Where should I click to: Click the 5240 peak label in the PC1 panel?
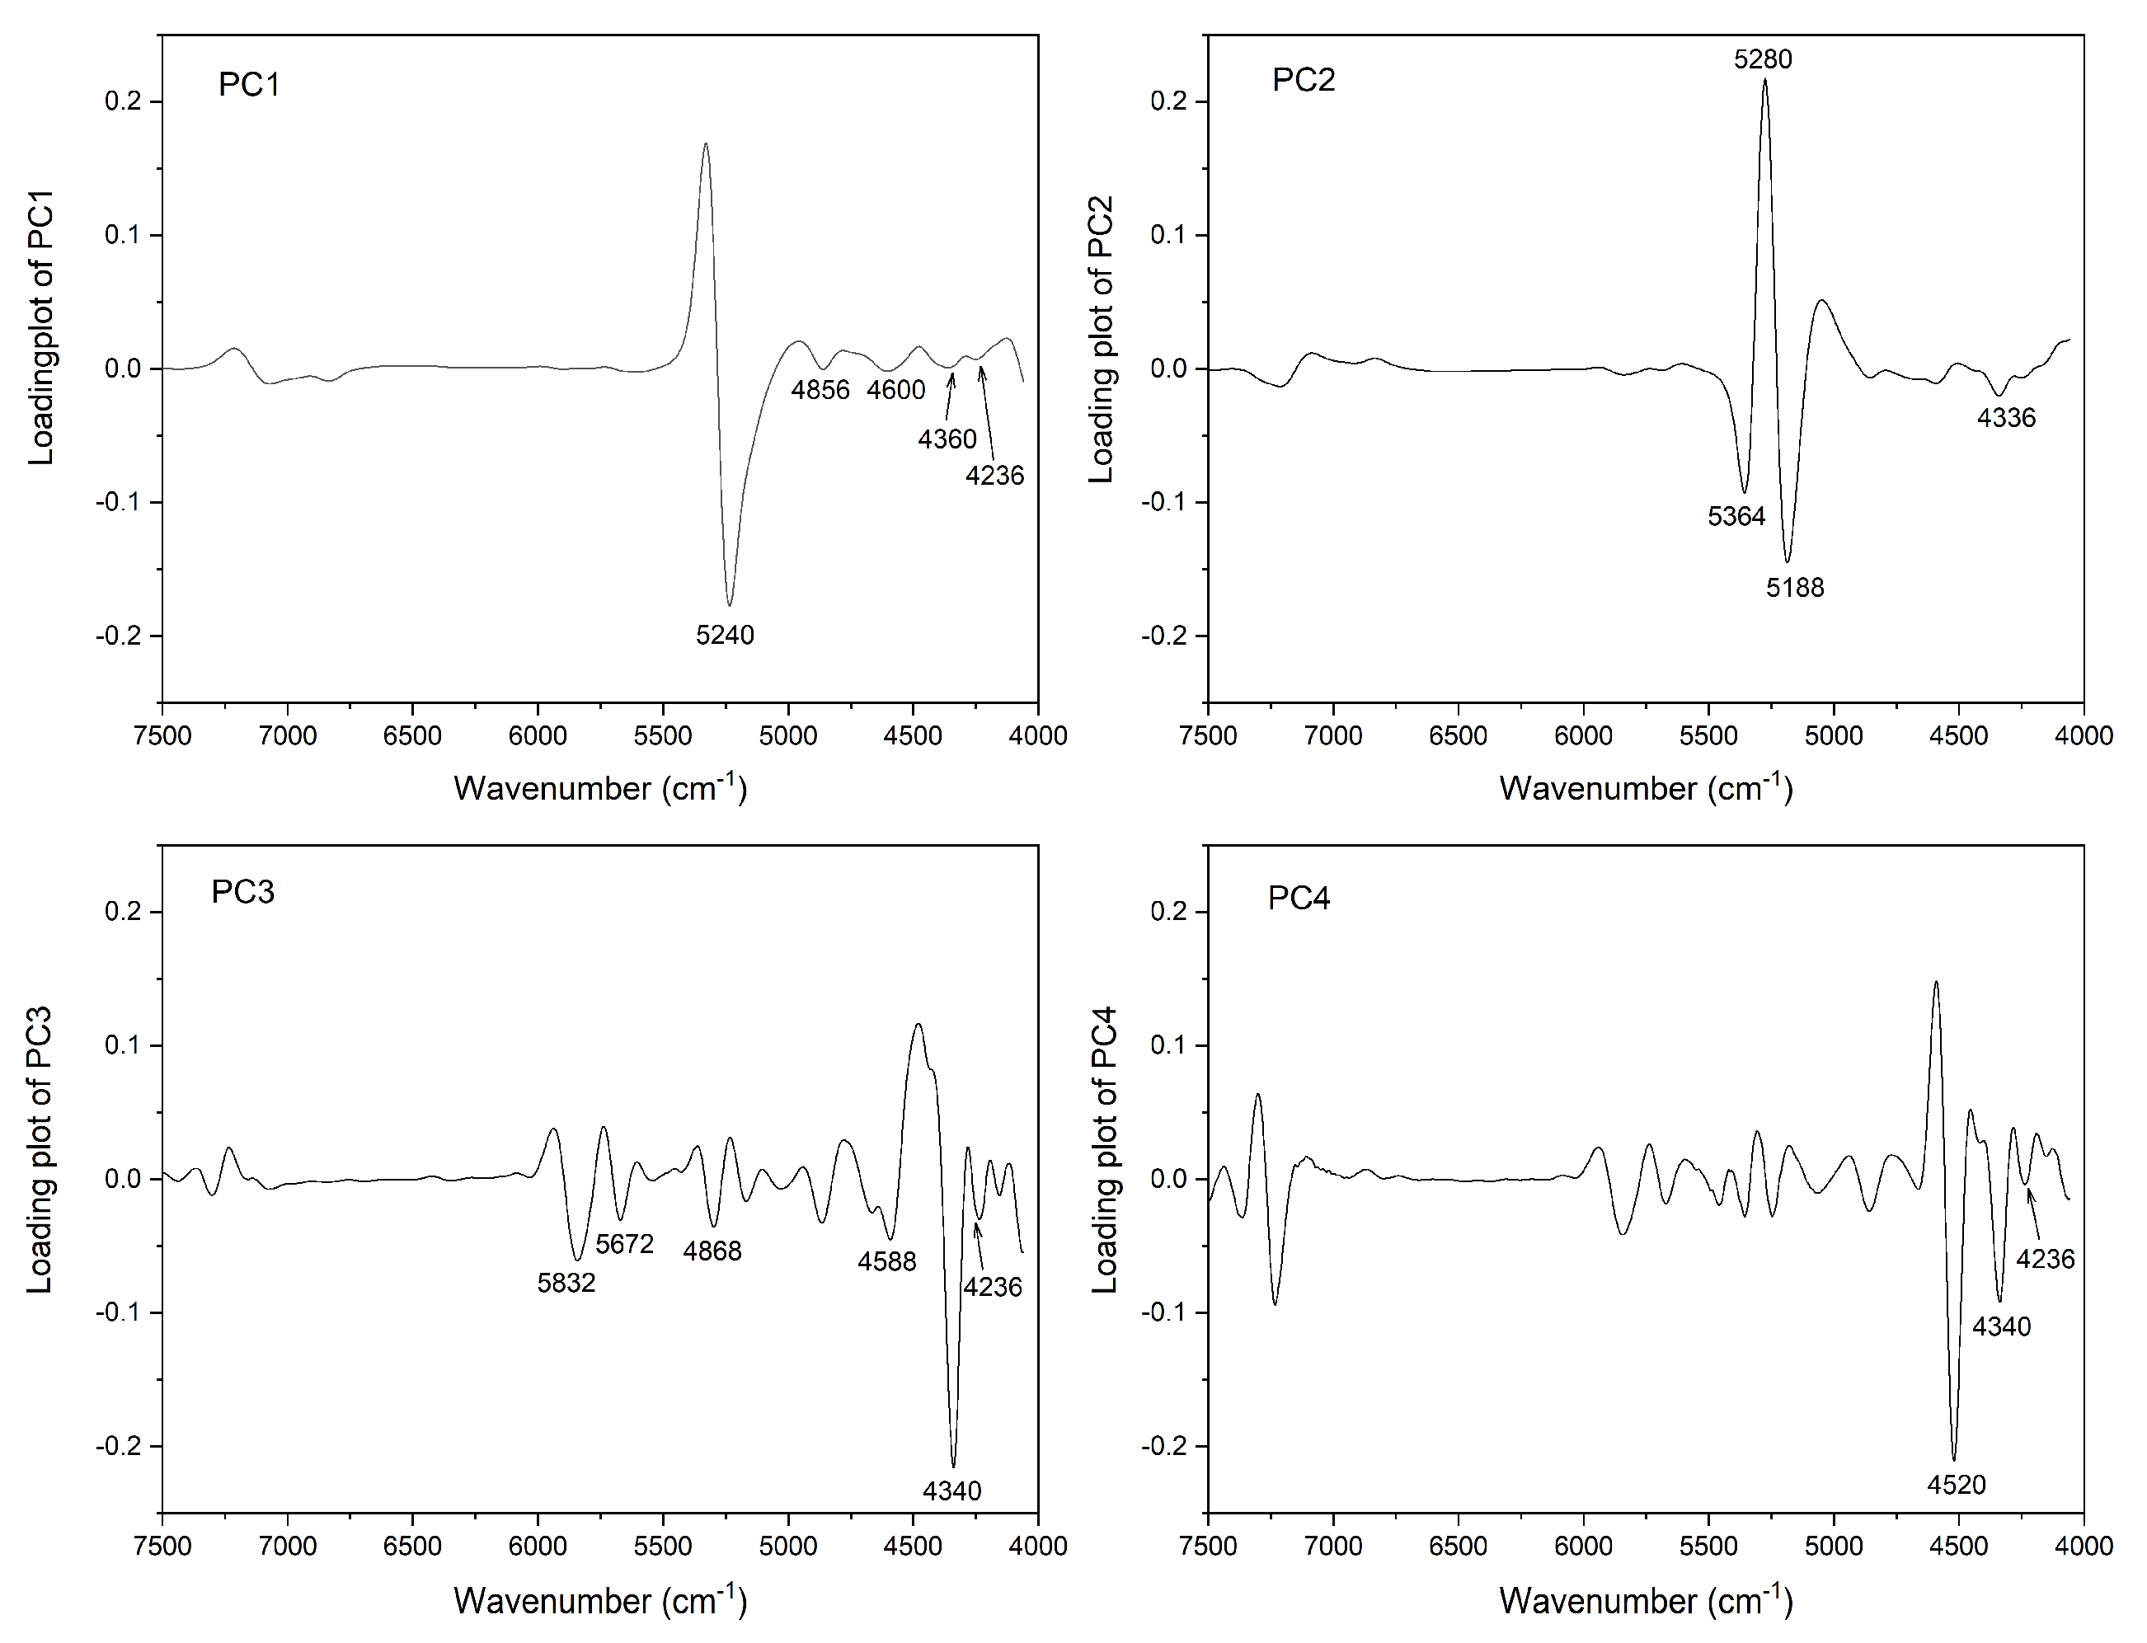[725, 635]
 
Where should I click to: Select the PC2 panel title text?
[1303, 79]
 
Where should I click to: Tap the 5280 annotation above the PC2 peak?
[1763, 59]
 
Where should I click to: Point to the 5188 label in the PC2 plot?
[1795, 588]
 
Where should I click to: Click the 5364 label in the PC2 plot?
[1736, 516]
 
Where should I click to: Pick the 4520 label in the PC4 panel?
[1957, 1486]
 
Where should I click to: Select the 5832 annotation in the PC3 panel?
[566, 1283]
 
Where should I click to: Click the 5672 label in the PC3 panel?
[624, 1244]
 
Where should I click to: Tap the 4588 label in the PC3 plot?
[887, 1261]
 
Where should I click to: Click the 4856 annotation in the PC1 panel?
[820, 390]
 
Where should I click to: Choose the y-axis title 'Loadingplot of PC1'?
[41, 327]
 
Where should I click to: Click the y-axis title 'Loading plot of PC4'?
[1103, 1149]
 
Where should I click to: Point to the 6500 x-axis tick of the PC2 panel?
[1458, 735]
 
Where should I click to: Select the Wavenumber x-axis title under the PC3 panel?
[599, 1600]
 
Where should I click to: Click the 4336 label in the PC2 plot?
[2006, 419]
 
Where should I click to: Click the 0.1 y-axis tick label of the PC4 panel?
[1169, 1045]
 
